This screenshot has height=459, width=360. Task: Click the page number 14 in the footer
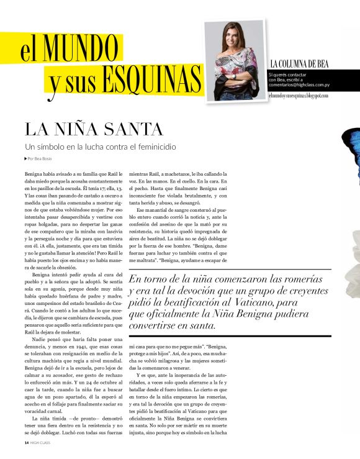(26, 443)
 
